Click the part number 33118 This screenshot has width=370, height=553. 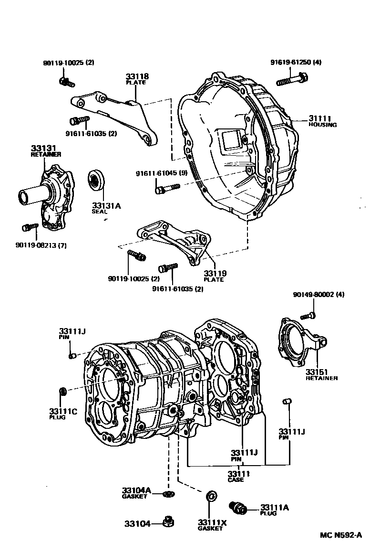pos(137,76)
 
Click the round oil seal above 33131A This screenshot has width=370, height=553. pos(97,180)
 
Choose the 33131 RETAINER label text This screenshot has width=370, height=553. pos(46,151)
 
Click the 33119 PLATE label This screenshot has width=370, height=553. pos(215,276)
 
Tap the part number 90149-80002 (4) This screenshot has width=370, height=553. pos(318,295)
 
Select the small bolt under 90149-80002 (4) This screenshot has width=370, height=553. pos(308,315)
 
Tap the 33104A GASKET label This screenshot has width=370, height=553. pos(136,492)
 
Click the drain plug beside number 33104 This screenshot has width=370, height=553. pos(167,522)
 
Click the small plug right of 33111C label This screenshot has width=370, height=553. pos(62,392)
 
